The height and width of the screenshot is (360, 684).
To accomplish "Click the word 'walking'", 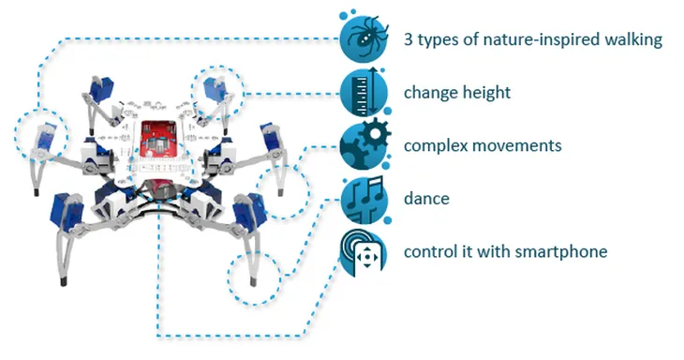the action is pos(632,40).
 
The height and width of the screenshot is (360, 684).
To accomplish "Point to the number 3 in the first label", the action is pos(408,39).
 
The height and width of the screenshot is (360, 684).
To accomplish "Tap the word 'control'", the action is pos(430,251).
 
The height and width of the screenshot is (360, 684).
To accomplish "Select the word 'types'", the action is pos(439,40).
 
